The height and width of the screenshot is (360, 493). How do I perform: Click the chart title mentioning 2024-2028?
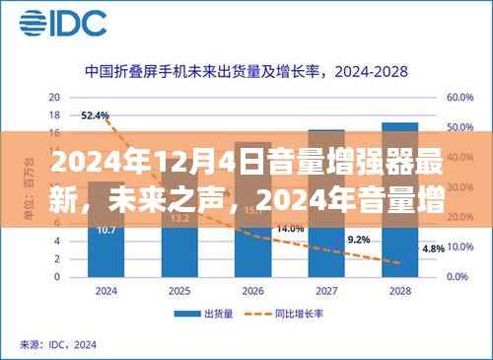246,71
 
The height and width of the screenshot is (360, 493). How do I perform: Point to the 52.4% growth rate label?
96,115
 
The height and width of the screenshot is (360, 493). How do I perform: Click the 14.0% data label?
290,228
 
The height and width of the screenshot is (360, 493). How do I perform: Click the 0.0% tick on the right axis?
459,275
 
